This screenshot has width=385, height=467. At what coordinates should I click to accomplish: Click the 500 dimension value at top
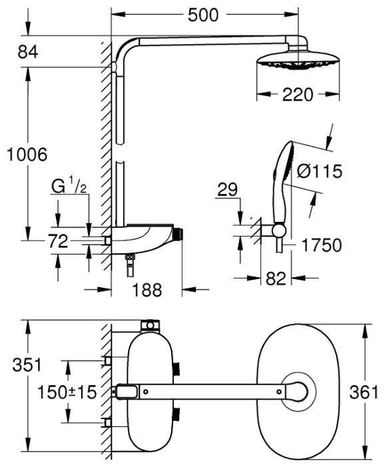point(203,15)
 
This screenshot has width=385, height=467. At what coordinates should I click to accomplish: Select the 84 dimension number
point(28,52)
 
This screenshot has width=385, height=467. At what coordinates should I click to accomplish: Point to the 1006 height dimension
point(27,155)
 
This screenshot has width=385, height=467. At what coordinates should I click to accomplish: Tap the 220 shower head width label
point(298,95)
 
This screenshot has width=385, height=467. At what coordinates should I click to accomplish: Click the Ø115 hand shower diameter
point(320,171)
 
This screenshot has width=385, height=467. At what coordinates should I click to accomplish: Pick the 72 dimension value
point(59,241)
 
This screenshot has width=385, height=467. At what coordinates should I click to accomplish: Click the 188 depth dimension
point(147,290)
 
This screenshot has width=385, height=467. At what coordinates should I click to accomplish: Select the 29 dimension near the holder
point(227,189)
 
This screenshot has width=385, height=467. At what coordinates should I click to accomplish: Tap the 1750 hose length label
point(321,245)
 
